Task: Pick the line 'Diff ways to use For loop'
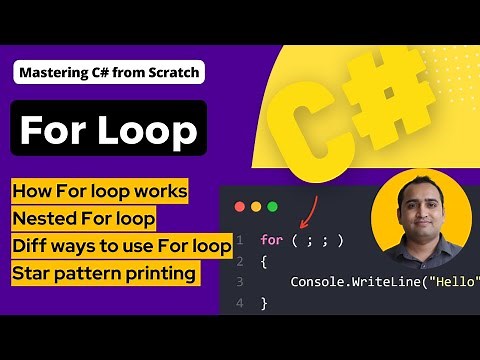[x=121, y=243]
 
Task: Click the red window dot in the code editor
[x=239, y=207]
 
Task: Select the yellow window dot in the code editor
[x=255, y=207]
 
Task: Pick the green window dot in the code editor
[x=271, y=207]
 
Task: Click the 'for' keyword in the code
[x=271, y=240]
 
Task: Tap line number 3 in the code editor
[x=239, y=281]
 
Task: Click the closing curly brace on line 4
[x=264, y=302]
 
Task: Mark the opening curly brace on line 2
[x=264, y=260]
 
